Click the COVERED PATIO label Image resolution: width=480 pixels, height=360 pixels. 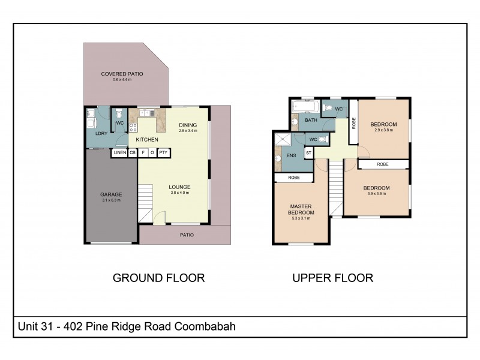[122, 74]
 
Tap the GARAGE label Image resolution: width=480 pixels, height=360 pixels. [111, 194]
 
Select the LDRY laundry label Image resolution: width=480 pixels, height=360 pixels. [101, 133]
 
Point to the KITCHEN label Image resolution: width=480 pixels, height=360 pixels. [147, 140]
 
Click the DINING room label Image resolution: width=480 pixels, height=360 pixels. [188, 125]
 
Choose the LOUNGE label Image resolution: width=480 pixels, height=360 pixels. [179, 187]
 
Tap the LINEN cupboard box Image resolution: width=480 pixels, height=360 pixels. [119, 153]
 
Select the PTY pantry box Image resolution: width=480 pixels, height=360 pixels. [163, 153]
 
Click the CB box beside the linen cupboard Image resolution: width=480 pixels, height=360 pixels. [133, 153]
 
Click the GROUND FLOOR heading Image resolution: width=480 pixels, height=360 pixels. [159, 278]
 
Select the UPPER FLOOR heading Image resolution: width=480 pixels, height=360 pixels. [332, 278]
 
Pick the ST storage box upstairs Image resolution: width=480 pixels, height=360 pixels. [309, 153]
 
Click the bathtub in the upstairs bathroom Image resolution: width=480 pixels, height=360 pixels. [306, 107]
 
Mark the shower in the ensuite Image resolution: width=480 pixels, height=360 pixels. [282, 140]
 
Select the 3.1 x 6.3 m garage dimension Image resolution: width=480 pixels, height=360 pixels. [111, 200]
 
